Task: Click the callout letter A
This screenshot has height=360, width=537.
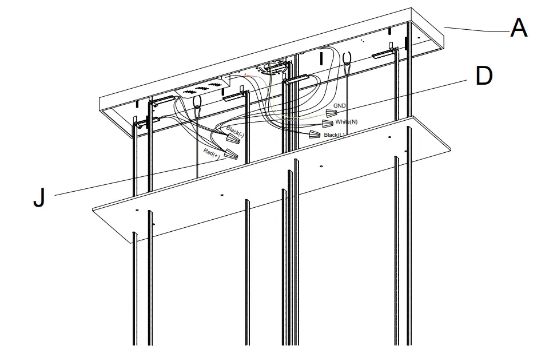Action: [518, 27]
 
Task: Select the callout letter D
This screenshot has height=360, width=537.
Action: [483, 76]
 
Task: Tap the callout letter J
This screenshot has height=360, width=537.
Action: [39, 197]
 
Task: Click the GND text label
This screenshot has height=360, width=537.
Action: [339, 106]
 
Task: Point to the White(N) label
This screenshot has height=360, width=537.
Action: [346, 122]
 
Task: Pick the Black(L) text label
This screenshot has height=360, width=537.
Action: [334, 135]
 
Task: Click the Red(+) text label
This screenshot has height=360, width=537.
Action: [212, 153]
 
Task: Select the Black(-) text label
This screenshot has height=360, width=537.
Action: [235, 133]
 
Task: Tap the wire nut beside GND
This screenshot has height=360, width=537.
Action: [331, 113]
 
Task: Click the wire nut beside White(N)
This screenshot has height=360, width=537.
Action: [327, 124]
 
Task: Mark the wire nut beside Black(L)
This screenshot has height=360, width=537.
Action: [315, 135]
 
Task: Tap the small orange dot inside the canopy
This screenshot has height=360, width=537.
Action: [246, 75]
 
